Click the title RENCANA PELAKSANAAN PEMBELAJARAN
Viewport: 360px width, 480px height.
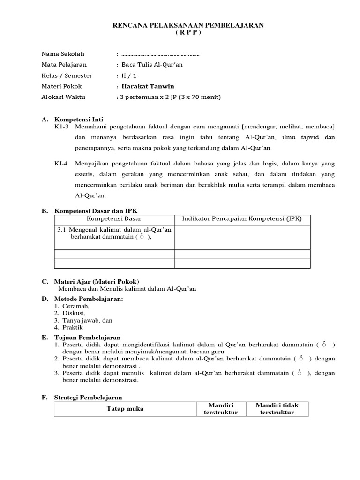tap(188, 25)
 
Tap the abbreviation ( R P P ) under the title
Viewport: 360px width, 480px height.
tap(188, 33)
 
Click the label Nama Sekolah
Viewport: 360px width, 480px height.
tap(63, 54)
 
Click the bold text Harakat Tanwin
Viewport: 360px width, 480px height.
tap(148, 86)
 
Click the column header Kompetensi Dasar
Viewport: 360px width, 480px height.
tap(114, 219)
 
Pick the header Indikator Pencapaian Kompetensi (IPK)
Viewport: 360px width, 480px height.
tap(242, 219)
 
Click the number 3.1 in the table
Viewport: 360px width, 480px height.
tap(61, 230)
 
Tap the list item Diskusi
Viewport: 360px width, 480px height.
tap(75, 313)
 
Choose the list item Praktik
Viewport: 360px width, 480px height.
tap(73, 327)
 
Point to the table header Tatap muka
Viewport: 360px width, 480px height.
tap(125, 409)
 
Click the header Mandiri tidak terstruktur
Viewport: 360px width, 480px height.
tap(277, 409)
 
